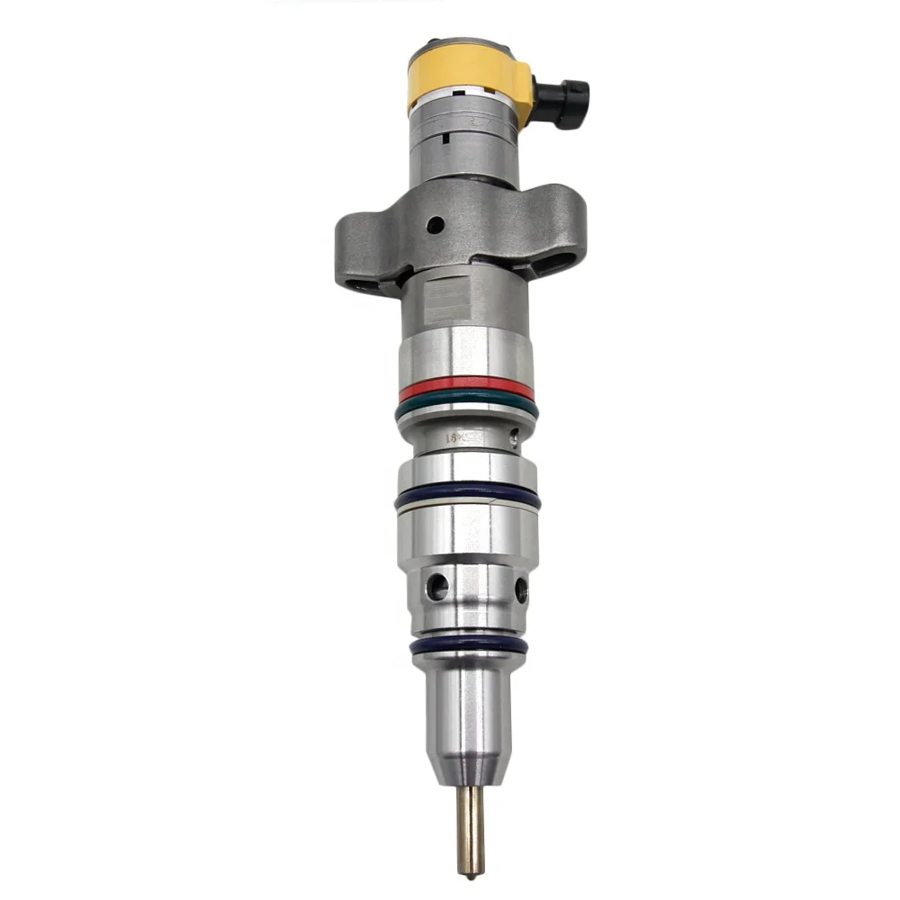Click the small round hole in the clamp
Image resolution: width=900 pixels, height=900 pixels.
click(435, 225)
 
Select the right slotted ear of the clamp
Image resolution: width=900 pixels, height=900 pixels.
click(558, 256)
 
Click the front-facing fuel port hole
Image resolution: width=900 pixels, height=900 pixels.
click(438, 588)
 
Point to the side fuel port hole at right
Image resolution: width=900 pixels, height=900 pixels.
click(521, 590)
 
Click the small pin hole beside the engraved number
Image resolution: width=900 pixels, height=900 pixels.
click(513, 440)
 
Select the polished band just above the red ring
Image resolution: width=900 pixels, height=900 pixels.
click(466, 355)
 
